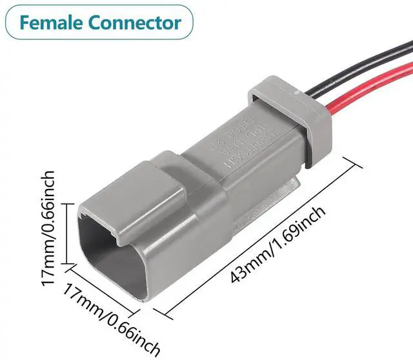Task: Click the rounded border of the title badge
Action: coord(97,6)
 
